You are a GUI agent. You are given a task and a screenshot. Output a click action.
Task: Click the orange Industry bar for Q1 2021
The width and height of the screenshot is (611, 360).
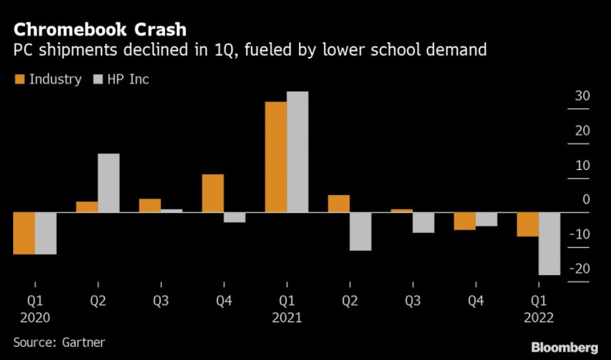[275, 157]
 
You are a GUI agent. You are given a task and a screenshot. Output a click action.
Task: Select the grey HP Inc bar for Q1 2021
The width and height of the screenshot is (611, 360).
[297, 152]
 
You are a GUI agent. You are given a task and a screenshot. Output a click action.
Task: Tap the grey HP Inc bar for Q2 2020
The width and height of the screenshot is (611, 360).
[108, 183]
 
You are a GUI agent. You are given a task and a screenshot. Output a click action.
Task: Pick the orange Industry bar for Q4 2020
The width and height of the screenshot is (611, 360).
[212, 193]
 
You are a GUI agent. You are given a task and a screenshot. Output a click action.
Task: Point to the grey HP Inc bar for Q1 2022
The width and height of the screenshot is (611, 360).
[549, 244]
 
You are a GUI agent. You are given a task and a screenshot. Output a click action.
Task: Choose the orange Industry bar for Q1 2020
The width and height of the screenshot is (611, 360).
[23, 233]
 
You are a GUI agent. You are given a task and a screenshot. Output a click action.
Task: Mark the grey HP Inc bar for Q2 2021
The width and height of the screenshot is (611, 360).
[360, 231]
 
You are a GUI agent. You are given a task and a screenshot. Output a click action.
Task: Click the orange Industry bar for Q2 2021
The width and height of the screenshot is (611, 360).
[339, 204]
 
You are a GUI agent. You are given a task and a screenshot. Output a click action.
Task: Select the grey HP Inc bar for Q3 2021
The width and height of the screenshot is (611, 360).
[423, 222]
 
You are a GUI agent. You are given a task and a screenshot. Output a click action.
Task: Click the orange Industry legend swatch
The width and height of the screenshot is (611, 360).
[19, 79]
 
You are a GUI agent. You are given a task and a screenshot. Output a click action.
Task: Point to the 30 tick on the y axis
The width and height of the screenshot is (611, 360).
[582, 96]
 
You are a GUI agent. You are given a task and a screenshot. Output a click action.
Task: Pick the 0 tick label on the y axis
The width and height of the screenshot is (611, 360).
[586, 199]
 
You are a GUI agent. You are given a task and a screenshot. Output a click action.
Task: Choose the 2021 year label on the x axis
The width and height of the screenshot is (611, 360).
[287, 317]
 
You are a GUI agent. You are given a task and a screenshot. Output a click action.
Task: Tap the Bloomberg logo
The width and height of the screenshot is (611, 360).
[564, 345]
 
